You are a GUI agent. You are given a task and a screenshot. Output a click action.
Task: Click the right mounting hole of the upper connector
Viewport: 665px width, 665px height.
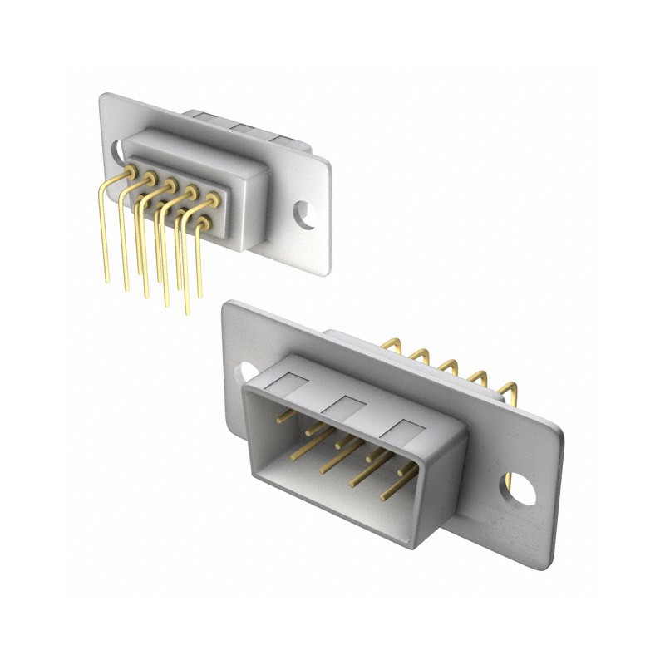pyautogui.click(x=307, y=214)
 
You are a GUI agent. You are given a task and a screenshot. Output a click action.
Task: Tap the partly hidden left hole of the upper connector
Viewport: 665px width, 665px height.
pyautogui.click(x=118, y=151)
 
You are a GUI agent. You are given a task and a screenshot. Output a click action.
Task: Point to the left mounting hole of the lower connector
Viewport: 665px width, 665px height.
pyautogui.click(x=247, y=371)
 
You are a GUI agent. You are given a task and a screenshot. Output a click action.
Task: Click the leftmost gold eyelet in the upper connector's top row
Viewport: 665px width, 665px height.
pyautogui.click(x=131, y=170)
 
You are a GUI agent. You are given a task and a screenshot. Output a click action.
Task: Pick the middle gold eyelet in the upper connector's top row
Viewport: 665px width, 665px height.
pyautogui.click(x=170, y=185)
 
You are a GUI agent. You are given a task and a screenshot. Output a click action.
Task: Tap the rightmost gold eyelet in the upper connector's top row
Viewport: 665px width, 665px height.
pyautogui.click(x=213, y=199)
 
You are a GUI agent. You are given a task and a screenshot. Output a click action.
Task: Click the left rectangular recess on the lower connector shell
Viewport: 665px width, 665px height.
pyautogui.click(x=289, y=383)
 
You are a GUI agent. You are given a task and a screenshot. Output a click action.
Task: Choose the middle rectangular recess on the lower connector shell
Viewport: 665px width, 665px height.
pyautogui.click(x=347, y=406)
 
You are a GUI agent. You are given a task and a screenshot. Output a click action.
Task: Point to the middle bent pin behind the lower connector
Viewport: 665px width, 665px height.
pyautogui.click(x=450, y=367)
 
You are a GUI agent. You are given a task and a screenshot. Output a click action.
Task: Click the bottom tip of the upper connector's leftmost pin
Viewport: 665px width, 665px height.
pyautogui.click(x=106, y=279)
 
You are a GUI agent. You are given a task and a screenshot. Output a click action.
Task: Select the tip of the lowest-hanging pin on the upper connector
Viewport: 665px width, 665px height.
pyautogui.click(x=186, y=313)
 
